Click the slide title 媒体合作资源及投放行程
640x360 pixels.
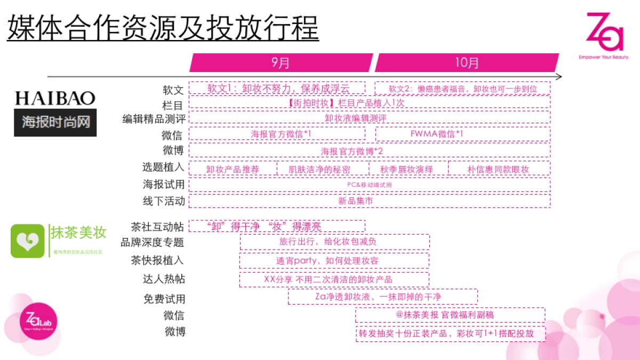coord(163,28)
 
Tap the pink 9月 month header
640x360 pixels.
coord(281,62)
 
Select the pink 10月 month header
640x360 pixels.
coord(467,62)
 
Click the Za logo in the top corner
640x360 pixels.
coord(604,35)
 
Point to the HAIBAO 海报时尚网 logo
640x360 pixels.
coord(55,113)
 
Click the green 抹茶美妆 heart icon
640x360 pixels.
coord(27,241)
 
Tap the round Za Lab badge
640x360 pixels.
coord(38,323)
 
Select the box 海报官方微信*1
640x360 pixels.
coord(277,134)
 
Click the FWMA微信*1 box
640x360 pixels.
coord(462,134)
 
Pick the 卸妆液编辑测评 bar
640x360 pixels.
coord(369,117)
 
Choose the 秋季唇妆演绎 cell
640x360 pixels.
coord(408,169)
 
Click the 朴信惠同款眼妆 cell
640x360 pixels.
coord(499,169)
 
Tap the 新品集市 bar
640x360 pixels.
coord(369,201)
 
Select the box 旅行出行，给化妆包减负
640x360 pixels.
coord(334,242)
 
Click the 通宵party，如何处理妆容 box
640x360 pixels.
coord(334,261)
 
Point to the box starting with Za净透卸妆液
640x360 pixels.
coord(383,297)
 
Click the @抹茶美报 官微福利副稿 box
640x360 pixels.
coord(450,315)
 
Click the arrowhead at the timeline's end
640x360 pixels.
coord(558,77)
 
